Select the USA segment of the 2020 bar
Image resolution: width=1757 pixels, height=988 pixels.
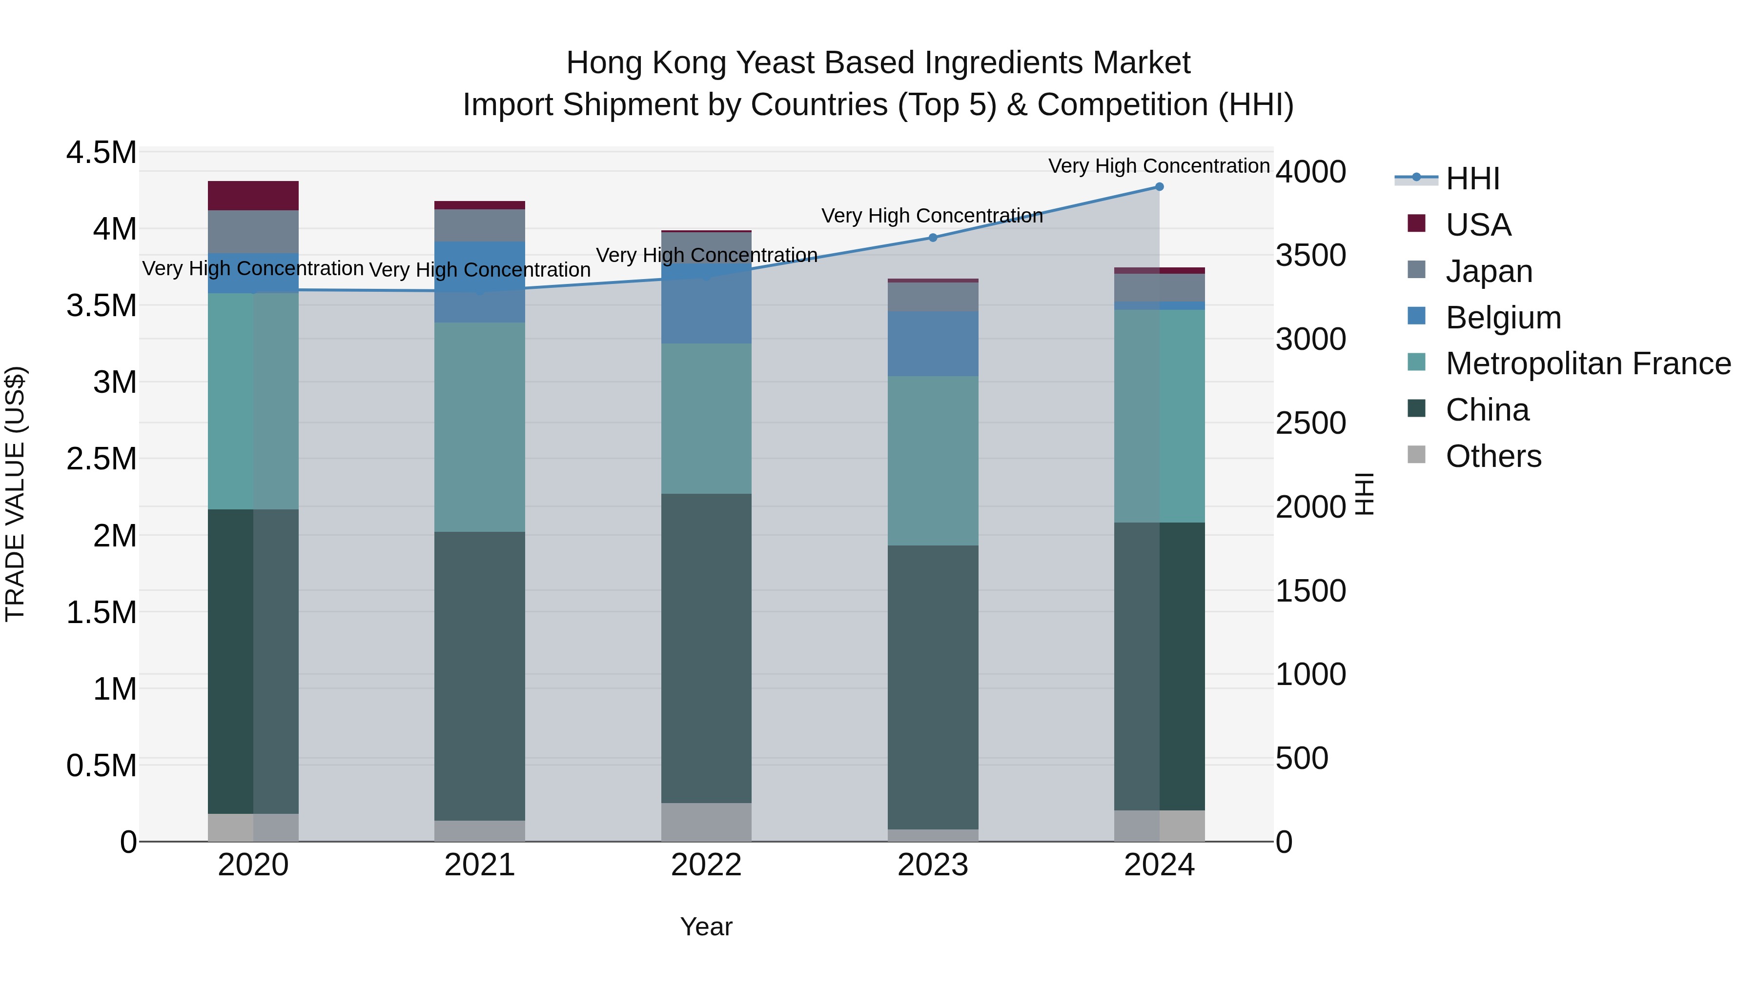pyautogui.click(x=253, y=196)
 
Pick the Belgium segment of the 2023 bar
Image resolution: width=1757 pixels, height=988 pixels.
pyautogui.click(x=933, y=343)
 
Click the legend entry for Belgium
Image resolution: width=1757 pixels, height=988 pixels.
pyautogui.click(x=1503, y=318)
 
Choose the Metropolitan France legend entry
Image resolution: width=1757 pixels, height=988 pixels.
pyautogui.click(x=1587, y=364)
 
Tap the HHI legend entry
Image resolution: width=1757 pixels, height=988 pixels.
pyautogui.click(x=1472, y=179)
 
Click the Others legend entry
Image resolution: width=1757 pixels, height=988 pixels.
pyautogui.click(x=1493, y=456)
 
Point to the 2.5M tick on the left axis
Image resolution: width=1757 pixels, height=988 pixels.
pyautogui.click(x=101, y=459)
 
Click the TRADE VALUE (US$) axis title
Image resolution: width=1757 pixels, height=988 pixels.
pyautogui.click(x=15, y=494)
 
